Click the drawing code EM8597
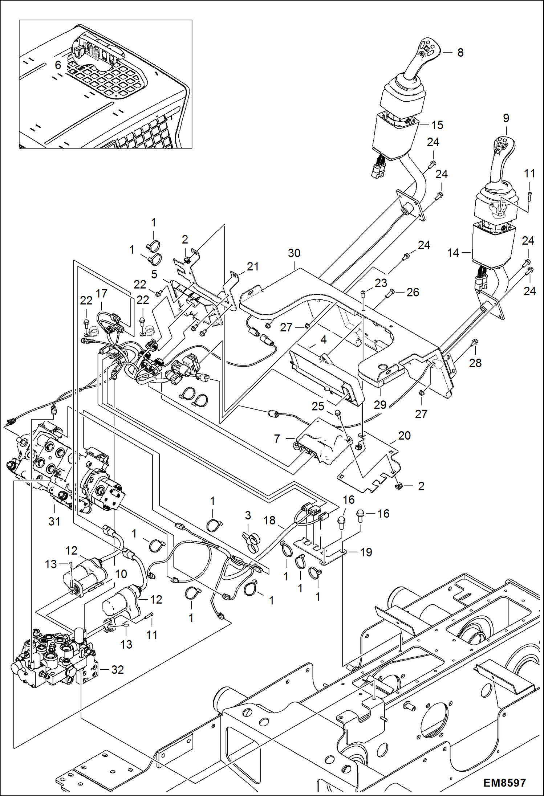pos(504,782)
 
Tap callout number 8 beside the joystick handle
pos(460,53)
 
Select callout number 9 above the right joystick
pos(506,118)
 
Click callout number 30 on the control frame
pos(294,253)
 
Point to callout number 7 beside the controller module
pos(277,439)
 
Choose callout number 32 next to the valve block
pos(118,670)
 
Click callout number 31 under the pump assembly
pos(54,522)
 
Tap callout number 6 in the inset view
pos(58,65)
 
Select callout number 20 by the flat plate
pos(404,436)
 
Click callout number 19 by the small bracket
pos(366,552)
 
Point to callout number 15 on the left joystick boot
pos(437,125)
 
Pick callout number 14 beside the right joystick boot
pos(453,253)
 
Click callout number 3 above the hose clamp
pos(248,515)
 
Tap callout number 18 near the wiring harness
pos(269,520)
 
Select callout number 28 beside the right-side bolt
pos(475,363)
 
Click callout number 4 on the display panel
pos(323,340)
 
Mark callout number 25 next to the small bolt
pos(318,406)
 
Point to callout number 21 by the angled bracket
pos(253,266)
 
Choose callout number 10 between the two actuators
pos(121,574)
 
